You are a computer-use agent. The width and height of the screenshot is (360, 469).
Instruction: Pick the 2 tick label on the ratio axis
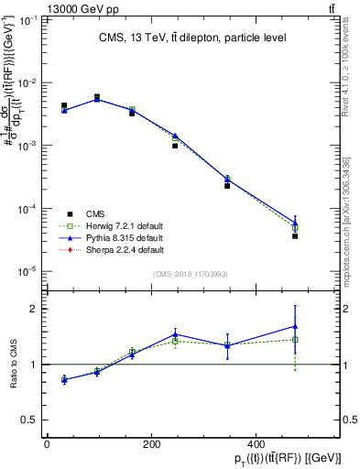(x=37, y=309)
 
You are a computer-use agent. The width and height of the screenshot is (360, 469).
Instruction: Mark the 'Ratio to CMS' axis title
(x=13, y=364)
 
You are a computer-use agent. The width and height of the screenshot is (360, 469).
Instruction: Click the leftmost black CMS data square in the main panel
(x=64, y=106)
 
